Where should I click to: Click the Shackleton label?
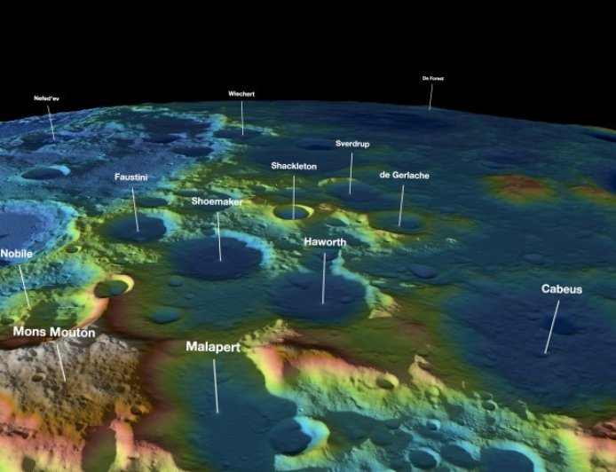(x=293, y=166)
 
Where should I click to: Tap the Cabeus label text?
(x=562, y=289)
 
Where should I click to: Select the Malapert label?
(x=213, y=347)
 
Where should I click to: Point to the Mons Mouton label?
(x=53, y=332)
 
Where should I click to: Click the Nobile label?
(x=16, y=254)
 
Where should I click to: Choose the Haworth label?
(x=324, y=241)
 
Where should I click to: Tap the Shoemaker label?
(x=217, y=201)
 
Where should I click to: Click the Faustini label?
(x=132, y=177)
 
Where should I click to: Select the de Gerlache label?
(x=404, y=176)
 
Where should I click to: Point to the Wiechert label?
(x=241, y=93)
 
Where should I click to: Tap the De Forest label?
(x=432, y=78)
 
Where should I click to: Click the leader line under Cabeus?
(x=552, y=326)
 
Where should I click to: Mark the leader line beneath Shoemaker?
(x=219, y=235)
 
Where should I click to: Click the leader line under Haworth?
(x=324, y=278)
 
